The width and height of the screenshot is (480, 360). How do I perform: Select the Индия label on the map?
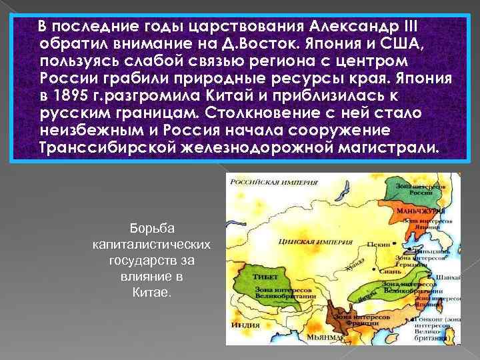(242, 325)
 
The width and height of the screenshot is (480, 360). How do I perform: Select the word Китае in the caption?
(153, 291)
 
